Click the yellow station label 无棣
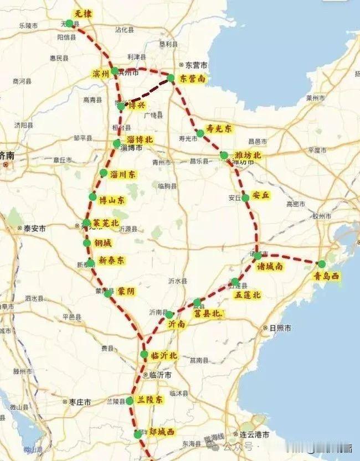pyautogui.click(x=82, y=13)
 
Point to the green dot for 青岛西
pyautogui.click(x=322, y=264)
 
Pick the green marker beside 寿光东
pyautogui.click(x=200, y=133)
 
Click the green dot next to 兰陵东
pyautogui.click(x=130, y=400)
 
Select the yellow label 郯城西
pyautogui.click(x=161, y=431)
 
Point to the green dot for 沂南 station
pyautogui.click(x=169, y=315)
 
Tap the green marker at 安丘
pyautogui.click(x=245, y=197)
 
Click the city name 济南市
pyautogui.click(x=11, y=157)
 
